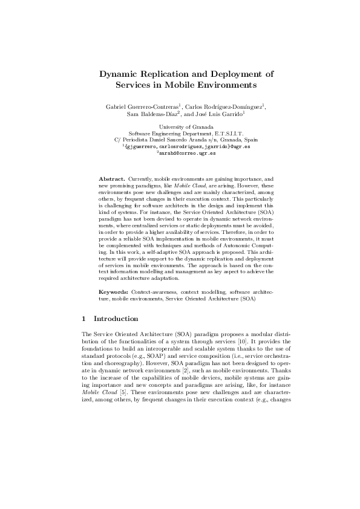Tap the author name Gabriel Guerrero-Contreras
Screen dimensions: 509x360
click(137, 106)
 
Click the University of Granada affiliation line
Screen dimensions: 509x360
click(179, 128)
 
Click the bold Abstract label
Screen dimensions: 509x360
click(112, 180)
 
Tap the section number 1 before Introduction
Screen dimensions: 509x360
click(83, 319)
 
